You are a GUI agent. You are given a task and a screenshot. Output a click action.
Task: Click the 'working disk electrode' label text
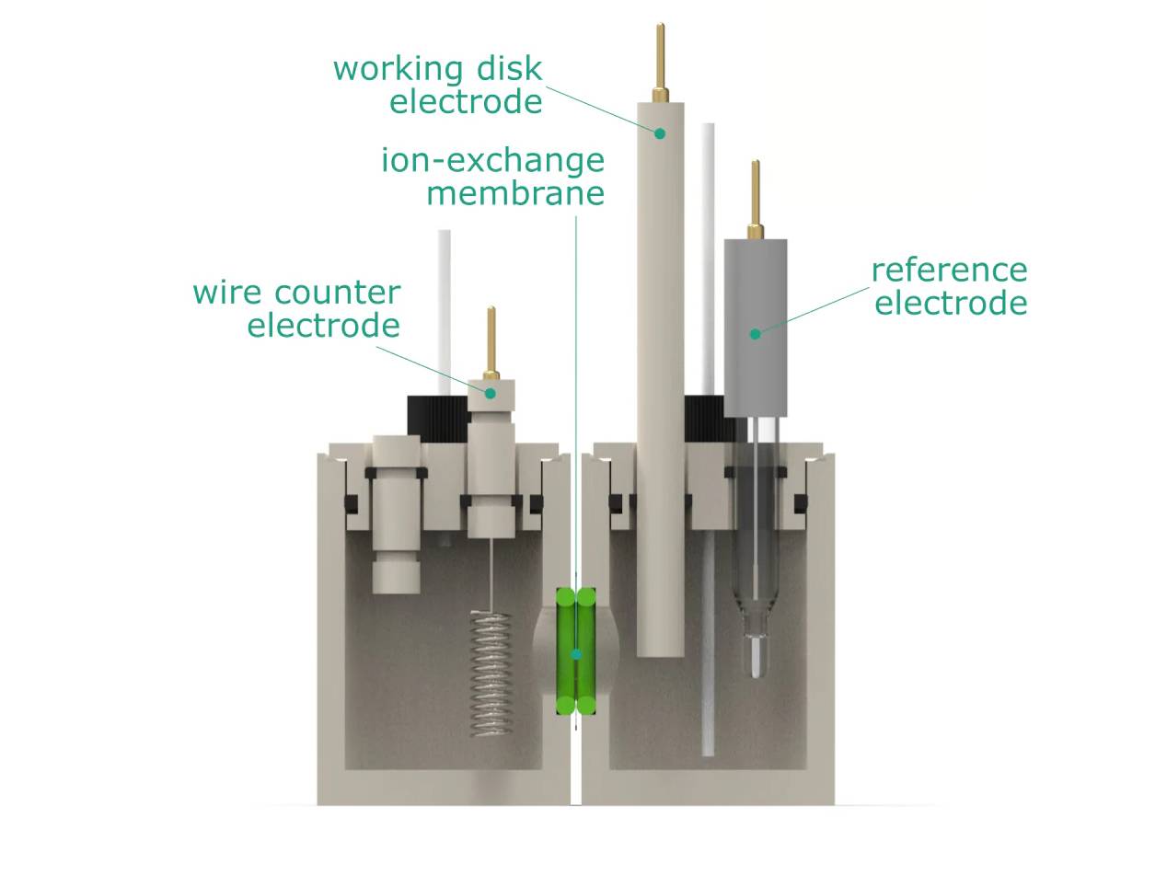(438, 85)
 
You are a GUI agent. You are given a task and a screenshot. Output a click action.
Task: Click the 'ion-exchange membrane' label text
(493, 177)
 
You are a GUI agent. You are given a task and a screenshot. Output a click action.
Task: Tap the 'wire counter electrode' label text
(296, 309)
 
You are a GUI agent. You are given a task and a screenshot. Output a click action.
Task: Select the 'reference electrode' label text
(949, 286)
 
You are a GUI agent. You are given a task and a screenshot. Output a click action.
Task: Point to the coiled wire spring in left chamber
(491, 672)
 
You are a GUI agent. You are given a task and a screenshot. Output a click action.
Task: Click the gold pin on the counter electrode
(491, 340)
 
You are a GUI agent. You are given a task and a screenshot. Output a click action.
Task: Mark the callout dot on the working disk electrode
(660, 133)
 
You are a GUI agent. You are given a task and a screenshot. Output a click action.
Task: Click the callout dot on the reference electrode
(755, 334)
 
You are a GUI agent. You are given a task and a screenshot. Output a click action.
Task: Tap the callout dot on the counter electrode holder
(491, 393)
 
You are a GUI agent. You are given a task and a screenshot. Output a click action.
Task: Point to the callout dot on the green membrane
(576, 654)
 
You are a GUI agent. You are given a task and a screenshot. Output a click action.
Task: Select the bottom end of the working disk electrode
(660, 648)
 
